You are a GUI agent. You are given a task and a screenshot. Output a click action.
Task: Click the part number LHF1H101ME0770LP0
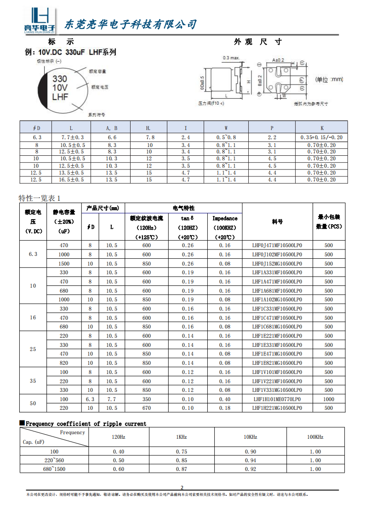277,399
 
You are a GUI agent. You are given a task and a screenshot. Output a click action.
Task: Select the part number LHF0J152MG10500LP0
277,264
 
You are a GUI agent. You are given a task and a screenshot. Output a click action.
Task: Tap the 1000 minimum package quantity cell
328,399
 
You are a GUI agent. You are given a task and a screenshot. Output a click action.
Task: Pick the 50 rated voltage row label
33,403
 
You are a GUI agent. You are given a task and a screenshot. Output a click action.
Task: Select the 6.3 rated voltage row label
33,254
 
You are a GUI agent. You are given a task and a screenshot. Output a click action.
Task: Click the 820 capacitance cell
64,363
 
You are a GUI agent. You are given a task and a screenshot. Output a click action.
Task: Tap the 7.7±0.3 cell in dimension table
73,137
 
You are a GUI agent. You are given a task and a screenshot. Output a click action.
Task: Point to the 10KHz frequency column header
250,437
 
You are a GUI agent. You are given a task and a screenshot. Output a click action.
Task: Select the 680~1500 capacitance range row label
54,469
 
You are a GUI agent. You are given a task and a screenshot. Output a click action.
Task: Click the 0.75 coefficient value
182,452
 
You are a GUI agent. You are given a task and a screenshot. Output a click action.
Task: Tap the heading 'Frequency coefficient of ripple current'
86,424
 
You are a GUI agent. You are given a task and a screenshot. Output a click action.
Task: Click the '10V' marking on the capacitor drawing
60,87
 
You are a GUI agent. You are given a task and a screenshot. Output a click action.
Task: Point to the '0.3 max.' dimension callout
231,58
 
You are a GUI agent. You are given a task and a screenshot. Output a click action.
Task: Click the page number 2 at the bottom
182,488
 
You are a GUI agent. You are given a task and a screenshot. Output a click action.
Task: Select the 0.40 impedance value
225,399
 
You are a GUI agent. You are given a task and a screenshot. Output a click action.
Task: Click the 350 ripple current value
146,399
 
